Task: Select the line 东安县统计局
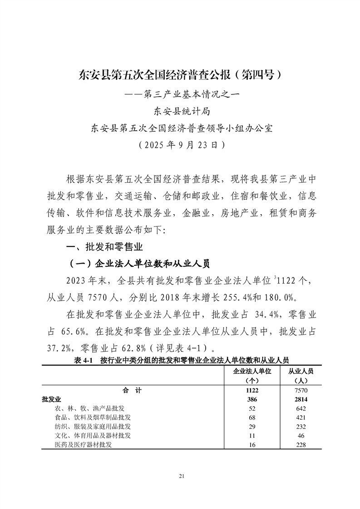180,111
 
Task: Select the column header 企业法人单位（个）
252,375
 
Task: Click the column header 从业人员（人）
301,375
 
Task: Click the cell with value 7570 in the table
301,390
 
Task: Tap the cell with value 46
301,436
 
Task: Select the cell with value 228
301,445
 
